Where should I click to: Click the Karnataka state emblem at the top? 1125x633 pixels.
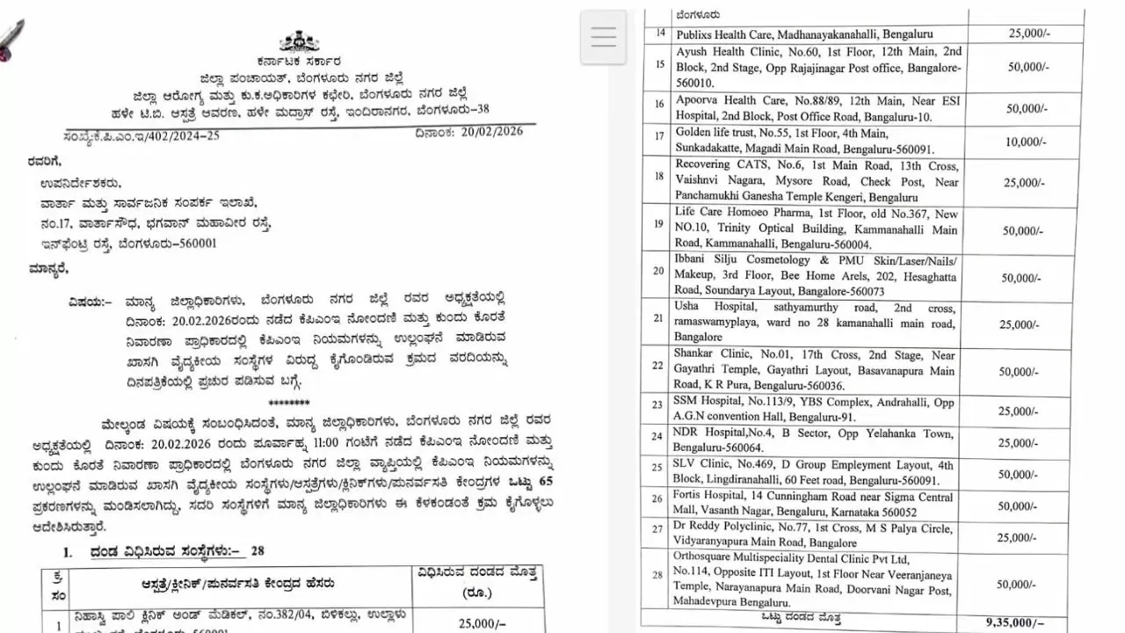pyautogui.click(x=299, y=42)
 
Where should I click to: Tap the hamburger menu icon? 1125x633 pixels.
pyautogui.click(x=604, y=37)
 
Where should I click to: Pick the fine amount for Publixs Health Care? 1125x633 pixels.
pyautogui.click(x=1025, y=33)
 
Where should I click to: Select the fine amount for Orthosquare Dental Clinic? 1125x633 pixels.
pyautogui.click(x=1025, y=584)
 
